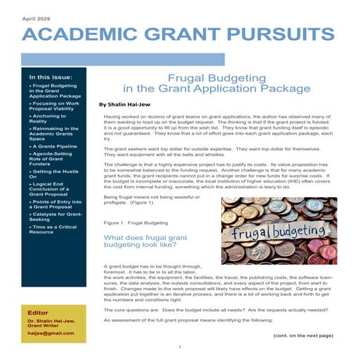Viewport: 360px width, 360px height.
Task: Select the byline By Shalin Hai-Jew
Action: click(x=135, y=104)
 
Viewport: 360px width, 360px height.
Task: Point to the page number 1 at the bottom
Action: click(x=180, y=347)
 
